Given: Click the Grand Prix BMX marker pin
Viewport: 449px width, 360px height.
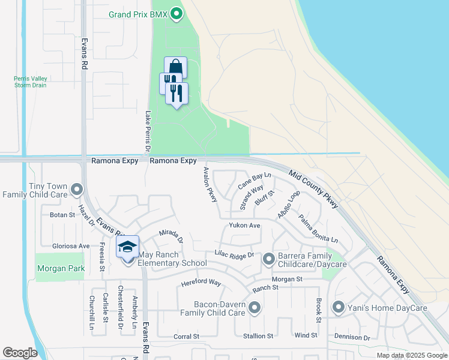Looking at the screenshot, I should point(176,13).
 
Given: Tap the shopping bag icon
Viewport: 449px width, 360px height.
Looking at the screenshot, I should point(175,66).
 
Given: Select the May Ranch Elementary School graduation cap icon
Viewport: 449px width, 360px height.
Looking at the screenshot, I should point(127,247).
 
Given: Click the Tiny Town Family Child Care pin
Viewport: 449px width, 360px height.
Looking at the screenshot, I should point(76,190).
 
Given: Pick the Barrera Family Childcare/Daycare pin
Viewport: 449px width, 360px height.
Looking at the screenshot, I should point(268,259).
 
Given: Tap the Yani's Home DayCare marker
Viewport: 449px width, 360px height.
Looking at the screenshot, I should point(338,308).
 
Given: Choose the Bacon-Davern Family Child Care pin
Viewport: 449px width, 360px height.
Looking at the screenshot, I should point(255,308).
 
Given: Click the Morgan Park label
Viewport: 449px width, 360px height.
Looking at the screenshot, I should point(61,269).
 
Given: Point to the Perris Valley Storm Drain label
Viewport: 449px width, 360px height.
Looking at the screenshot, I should point(31,82).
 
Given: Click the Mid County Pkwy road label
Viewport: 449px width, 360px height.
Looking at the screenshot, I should point(314,189).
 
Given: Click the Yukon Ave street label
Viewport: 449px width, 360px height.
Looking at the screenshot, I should point(244,226).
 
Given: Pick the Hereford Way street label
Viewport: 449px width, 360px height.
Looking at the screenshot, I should point(203,283).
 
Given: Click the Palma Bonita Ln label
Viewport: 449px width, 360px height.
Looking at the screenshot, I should point(318,229).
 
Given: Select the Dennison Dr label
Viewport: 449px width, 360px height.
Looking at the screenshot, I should point(352,338).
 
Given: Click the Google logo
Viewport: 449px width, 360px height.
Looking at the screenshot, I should point(20,353).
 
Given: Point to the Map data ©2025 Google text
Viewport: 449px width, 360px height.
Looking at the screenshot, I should point(411,355).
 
